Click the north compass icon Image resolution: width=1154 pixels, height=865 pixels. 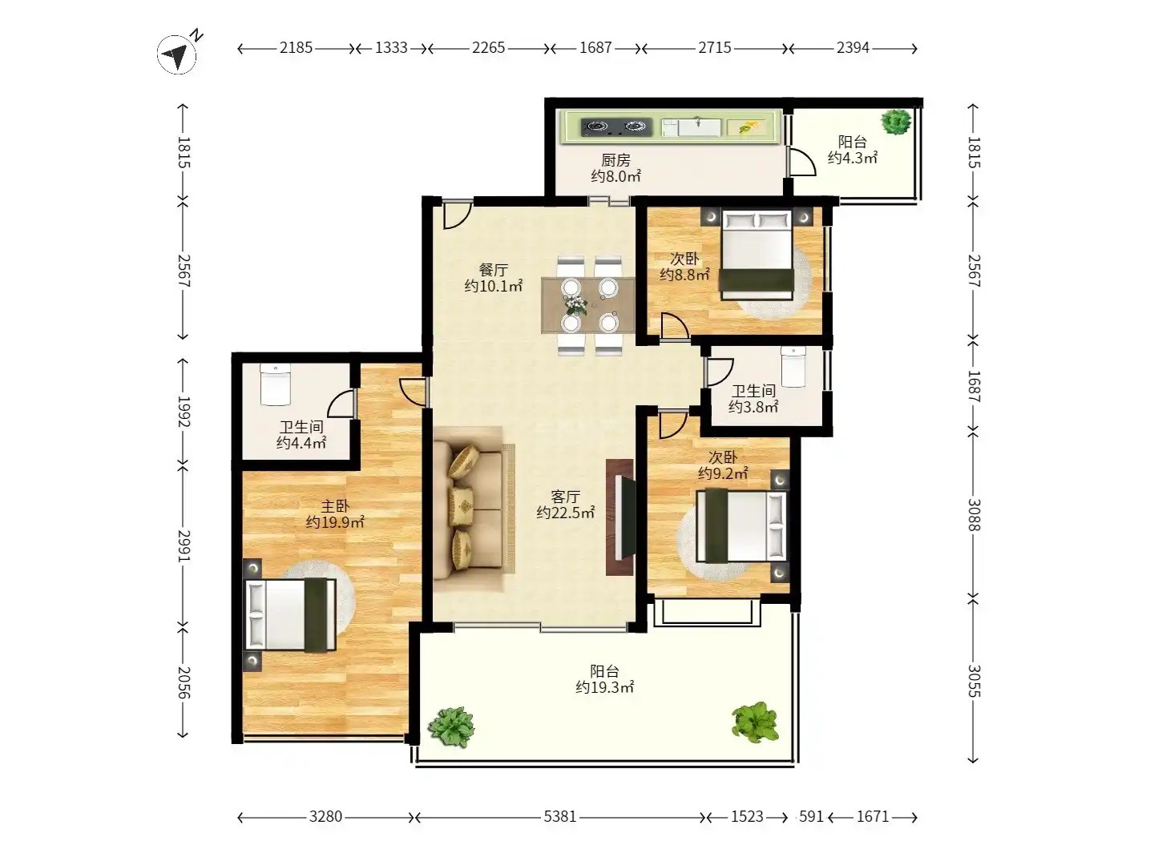[176, 54]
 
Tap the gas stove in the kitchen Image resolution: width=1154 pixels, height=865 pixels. [616, 127]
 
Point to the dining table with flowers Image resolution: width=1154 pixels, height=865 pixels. [588, 305]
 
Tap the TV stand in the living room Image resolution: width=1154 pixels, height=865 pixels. [619, 517]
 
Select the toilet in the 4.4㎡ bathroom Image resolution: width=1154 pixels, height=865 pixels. [275, 385]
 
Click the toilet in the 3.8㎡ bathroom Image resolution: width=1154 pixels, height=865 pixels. [793, 367]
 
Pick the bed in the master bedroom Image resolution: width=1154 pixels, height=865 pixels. [291, 614]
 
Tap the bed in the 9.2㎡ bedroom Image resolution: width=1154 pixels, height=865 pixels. [741, 525]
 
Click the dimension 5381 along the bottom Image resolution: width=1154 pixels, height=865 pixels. [560, 816]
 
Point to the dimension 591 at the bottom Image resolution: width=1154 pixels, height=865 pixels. [811, 816]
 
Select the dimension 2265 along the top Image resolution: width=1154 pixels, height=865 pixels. [488, 48]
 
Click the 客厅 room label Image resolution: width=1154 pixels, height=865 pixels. [565, 497]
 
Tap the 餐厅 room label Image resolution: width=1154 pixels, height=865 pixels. [493, 269]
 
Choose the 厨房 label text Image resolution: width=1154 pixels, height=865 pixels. [615, 159]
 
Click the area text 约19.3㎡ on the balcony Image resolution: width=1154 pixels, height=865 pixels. [604, 687]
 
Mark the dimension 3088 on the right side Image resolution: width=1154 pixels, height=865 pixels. [974, 515]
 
